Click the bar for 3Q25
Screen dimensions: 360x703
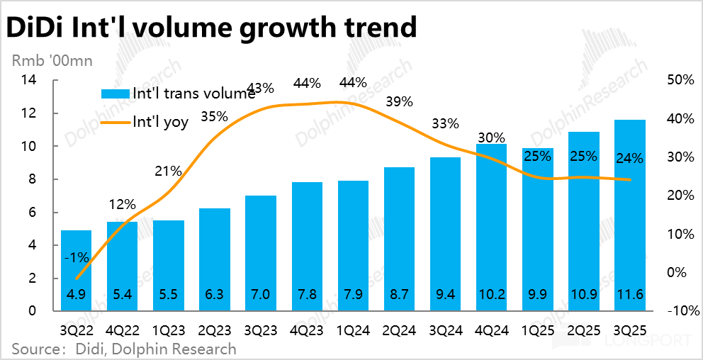point(629,215)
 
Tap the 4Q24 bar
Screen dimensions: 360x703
point(490,227)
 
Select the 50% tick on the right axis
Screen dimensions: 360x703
point(680,80)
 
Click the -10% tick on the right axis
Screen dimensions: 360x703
point(683,311)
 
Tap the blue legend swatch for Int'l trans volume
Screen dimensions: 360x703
point(116,94)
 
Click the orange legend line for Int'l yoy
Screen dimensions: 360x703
point(116,122)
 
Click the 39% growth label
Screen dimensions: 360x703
point(399,101)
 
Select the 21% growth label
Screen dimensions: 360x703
point(169,171)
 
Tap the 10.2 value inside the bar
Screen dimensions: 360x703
point(490,294)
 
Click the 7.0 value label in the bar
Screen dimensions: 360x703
point(260,294)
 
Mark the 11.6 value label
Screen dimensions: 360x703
point(629,294)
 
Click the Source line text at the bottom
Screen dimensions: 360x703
point(123,349)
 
